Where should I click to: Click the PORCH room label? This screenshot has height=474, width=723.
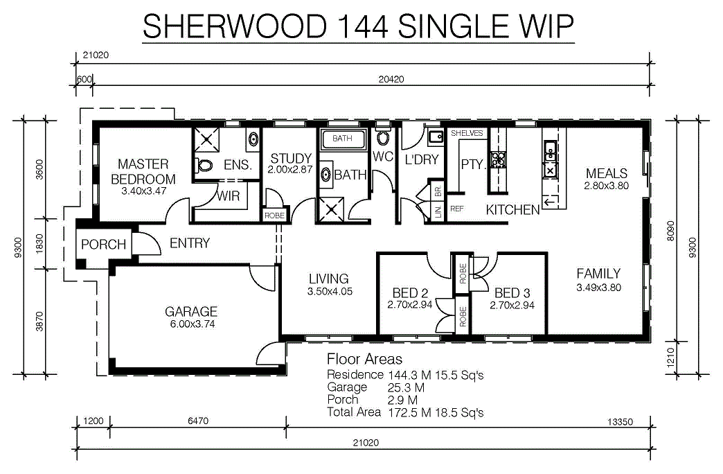103,244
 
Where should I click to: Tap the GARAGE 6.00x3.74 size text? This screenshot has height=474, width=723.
193,324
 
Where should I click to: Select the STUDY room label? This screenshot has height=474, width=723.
291,158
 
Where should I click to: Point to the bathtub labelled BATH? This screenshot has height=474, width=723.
342,139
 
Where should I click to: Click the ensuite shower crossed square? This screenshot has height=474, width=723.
206,140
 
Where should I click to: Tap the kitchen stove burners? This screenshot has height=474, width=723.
498,159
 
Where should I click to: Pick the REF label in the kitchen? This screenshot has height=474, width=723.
456,209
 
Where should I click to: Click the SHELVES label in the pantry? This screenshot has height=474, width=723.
467,133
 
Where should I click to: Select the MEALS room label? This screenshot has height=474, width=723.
607,173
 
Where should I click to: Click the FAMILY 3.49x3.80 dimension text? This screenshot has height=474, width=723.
598,288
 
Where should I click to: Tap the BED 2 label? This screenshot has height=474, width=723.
410,293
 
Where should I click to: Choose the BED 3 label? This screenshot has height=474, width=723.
512,293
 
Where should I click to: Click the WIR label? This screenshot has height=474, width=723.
229,196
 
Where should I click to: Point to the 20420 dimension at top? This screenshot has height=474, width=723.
391,80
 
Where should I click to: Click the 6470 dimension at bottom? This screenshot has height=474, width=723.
198,421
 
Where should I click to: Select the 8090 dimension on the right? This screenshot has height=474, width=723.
670,230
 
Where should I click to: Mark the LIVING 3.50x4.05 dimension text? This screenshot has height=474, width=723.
330,292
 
